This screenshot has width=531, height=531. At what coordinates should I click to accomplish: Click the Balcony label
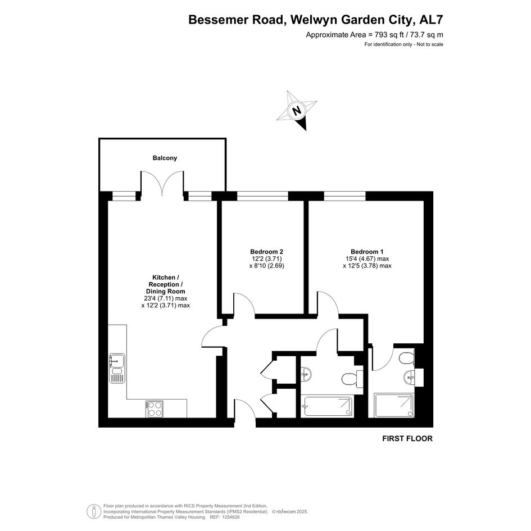(x=165, y=158)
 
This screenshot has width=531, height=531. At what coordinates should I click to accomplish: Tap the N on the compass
(x=297, y=110)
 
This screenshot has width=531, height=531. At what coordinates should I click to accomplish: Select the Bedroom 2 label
(x=266, y=252)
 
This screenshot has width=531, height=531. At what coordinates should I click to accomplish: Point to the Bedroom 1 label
(x=367, y=252)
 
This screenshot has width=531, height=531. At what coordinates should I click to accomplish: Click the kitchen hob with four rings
(x=155, y=409)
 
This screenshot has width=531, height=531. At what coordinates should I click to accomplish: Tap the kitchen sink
(x=117, y=368)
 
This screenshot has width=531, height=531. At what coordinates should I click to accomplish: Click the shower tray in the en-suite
(x=394, y=405)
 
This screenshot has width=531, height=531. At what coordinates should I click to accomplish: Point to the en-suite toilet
(x=407, y=358)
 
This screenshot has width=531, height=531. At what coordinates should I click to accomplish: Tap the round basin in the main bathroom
(x=306, y=374)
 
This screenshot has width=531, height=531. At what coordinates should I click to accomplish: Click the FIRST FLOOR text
(x=407, y=438)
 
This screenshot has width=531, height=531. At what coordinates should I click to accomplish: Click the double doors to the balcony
(x=162, y=183)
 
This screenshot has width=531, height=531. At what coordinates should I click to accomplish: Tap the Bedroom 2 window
(x=262, y=196)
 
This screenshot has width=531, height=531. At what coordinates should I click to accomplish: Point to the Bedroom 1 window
(x=345, y=196)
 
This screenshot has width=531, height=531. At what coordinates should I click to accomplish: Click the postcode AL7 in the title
(x=431, y=20)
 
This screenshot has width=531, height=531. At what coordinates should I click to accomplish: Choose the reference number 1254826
(x=230, y=518)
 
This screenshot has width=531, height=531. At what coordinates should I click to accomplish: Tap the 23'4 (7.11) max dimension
(x=166, y=298)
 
